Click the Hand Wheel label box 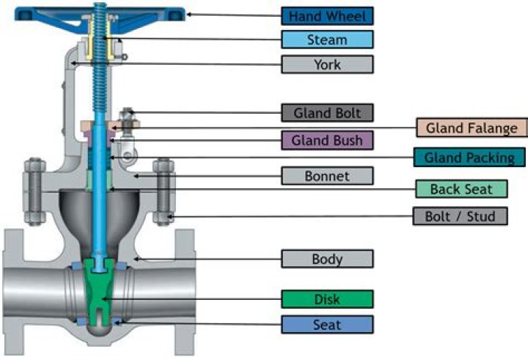[327, 15]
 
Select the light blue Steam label [327, 40]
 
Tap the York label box [327, 64]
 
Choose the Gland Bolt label [327, 113]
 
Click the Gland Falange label [472, 128]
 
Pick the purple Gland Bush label [327, 139]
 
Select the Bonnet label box [327, 176]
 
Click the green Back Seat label [461, 189]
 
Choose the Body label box [327, 259]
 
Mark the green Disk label [327, 298]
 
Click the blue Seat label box [327, 323]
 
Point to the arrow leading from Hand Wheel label [235, 15]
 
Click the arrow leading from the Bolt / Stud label [293, 216]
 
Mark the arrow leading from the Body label [213, 259]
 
